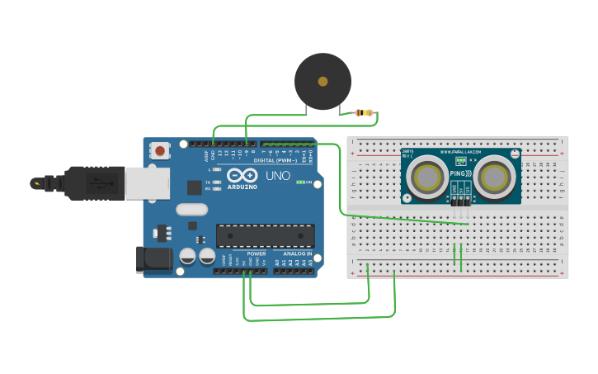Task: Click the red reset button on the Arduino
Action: (160, 150)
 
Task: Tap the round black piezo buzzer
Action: (323, 82)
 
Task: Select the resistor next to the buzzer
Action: (364, 112)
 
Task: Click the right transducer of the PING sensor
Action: (494, 177)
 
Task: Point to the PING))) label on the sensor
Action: (460, 173)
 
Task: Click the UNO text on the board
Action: (278, 176)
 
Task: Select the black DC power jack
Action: (154, 259)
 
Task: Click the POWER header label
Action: (256, 253)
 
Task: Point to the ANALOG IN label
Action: (297, 253)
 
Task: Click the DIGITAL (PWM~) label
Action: (275, 160)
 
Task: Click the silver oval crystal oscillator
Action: (191, 211)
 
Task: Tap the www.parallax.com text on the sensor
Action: (460, 152)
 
